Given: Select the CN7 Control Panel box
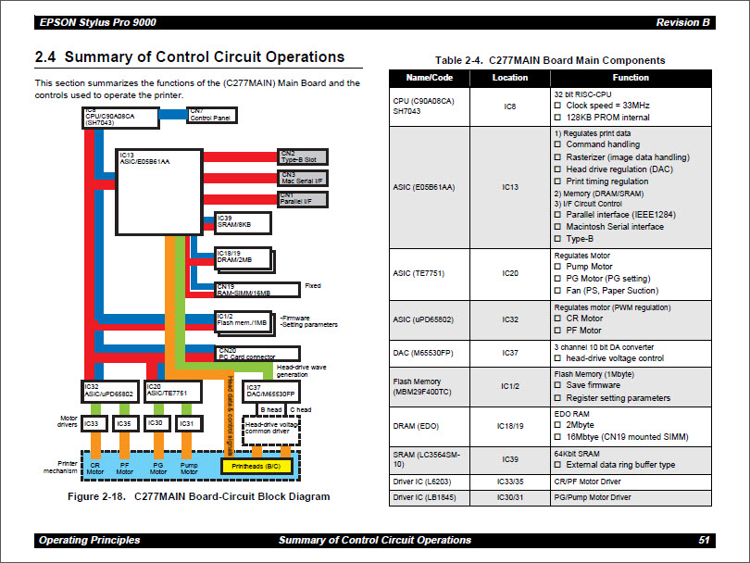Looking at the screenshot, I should click(x=212, y=116).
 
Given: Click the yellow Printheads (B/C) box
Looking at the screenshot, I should click(x=256, y=466).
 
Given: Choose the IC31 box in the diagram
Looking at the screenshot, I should click(x=188, y=424).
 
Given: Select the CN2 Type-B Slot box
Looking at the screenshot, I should click(x=302, y=156).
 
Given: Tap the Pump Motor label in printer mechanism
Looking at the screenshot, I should click(x=188, y=468).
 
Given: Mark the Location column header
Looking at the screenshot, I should click(x=509, y=78).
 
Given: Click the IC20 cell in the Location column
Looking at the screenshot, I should click(x=509, y=273).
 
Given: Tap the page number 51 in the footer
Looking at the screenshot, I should click(x=704, y=540).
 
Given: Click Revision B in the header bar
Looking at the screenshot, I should click(x=683, y=22).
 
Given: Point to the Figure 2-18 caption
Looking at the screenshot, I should click(x=199, y=496).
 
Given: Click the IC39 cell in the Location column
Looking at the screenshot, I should click(x=509, y=458).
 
